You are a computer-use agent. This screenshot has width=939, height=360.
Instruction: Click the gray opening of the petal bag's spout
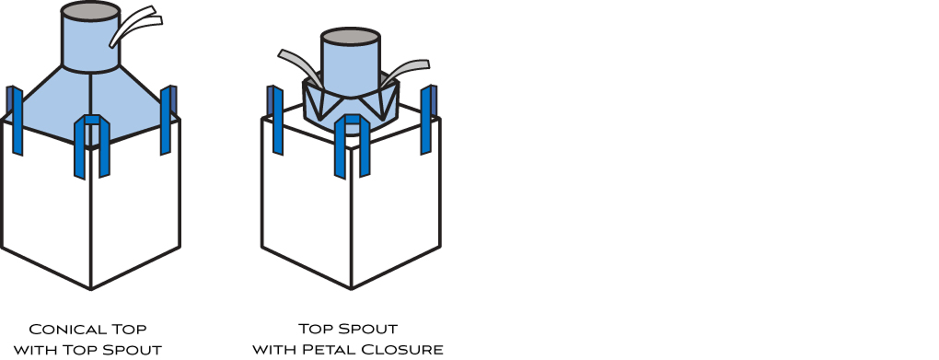[x=350, y=37]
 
